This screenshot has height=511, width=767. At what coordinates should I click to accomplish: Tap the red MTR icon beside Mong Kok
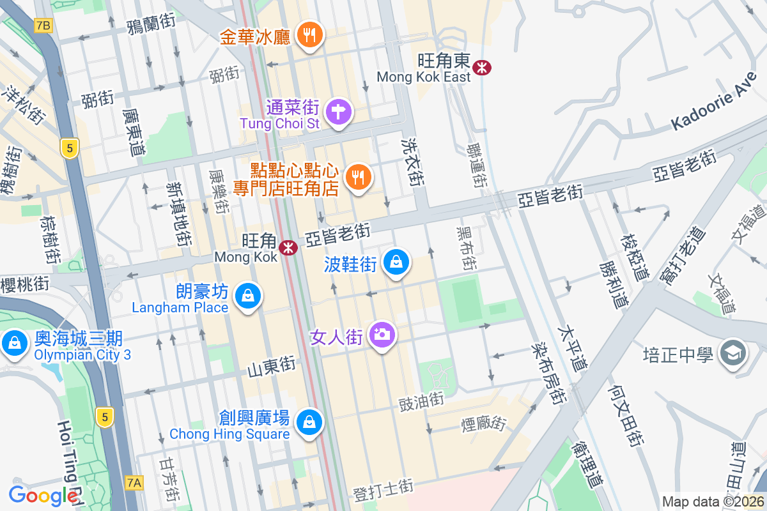289,246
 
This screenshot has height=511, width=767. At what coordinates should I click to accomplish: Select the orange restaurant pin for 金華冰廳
311,35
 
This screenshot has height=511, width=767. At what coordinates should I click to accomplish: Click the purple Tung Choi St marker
338,112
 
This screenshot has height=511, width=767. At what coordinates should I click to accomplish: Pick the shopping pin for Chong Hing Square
310,422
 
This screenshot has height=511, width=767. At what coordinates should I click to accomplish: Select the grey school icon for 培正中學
732,353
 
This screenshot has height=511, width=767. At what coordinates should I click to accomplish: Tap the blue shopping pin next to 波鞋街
396,263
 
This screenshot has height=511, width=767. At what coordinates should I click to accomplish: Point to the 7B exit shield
43,26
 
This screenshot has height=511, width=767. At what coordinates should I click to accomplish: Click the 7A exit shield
133,482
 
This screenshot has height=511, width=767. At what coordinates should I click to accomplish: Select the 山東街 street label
271,365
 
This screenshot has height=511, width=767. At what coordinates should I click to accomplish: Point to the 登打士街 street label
383,490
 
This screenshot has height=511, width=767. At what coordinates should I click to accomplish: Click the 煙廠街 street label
483,423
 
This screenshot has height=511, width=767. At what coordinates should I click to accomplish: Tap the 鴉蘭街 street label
151,25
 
